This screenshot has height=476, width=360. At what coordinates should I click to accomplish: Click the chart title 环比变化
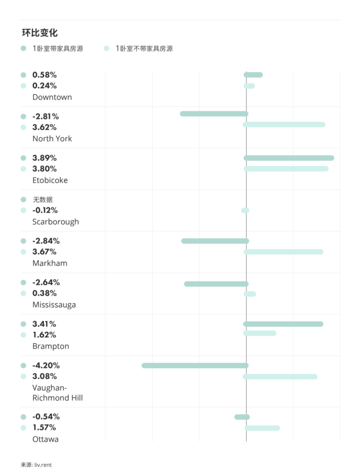click(40, 33)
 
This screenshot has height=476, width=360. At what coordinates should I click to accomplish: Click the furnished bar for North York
click(214, 114)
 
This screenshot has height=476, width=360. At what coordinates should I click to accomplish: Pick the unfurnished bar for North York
click(284, 125)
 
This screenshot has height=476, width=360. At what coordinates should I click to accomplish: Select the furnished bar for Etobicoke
click(289, 158)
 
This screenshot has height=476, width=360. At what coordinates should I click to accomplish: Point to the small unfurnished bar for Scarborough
click(245, 211)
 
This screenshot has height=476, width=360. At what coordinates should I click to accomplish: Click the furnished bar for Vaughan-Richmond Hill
click(195, 366)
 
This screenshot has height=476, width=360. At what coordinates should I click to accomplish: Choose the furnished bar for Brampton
click(283, 324)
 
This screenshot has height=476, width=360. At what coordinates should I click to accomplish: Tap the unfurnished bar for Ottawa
click(262, 428)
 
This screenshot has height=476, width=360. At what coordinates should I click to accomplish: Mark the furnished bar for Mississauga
click(216, 284)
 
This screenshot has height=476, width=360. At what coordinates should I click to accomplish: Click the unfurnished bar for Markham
click(283, 252)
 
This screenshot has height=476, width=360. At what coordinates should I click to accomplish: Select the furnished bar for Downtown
click(253, 75)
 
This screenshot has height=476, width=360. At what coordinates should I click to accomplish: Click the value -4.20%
click(46, 365)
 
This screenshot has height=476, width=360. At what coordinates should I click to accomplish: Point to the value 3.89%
click(44, 158)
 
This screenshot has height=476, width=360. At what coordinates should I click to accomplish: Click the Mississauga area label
click(54, 305)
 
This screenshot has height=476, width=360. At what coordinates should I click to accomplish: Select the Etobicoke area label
click(50, 180)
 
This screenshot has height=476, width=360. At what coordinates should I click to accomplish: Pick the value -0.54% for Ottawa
click(46, 416)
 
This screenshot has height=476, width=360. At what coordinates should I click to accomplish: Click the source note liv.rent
click(36, 465)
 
